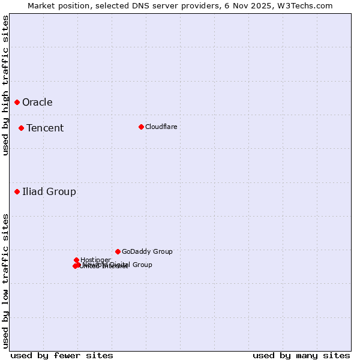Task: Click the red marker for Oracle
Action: [17, 102]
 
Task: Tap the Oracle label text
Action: [37, 102]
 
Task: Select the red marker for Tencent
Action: [21, 128]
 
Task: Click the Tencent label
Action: [45, 128]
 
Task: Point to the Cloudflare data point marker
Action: [141, 127]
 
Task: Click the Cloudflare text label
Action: [161, 127]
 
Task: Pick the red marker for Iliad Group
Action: [17, 191]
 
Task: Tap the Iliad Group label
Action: [49, 191]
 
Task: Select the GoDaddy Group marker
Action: [118, 251]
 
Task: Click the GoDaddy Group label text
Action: [147, 251]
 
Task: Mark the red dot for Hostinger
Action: [77, 260]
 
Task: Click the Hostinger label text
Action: [95, 260]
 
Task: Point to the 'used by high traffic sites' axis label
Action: [5, 86]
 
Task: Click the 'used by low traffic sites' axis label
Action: [5, 280]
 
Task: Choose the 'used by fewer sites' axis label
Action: [62, 355]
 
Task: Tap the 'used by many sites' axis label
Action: [301, 355]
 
